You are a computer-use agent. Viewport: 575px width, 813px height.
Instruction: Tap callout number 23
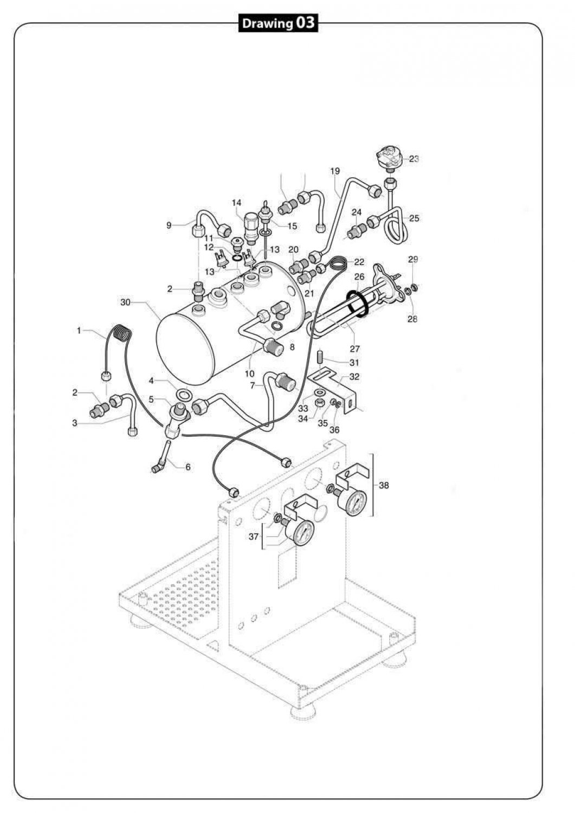point(414,159)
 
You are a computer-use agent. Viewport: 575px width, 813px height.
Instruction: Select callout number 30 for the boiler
point(125,302)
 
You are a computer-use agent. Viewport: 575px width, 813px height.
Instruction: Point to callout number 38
point(384,486)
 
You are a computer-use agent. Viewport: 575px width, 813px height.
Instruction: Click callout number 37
point(254,536)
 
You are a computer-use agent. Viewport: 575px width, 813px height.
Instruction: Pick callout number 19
point(334,171)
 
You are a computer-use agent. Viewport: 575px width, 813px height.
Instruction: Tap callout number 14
point(237,203)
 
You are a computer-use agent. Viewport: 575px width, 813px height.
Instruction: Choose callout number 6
point(188,467)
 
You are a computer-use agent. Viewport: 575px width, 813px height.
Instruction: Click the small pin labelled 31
point(320,358)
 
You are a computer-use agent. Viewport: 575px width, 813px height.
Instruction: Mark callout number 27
point(355,350)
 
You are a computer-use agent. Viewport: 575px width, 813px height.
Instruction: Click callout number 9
point(169,225)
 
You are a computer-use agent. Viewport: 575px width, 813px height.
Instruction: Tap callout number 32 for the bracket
point(354,376)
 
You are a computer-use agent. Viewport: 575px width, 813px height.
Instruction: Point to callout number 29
point(413,260)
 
